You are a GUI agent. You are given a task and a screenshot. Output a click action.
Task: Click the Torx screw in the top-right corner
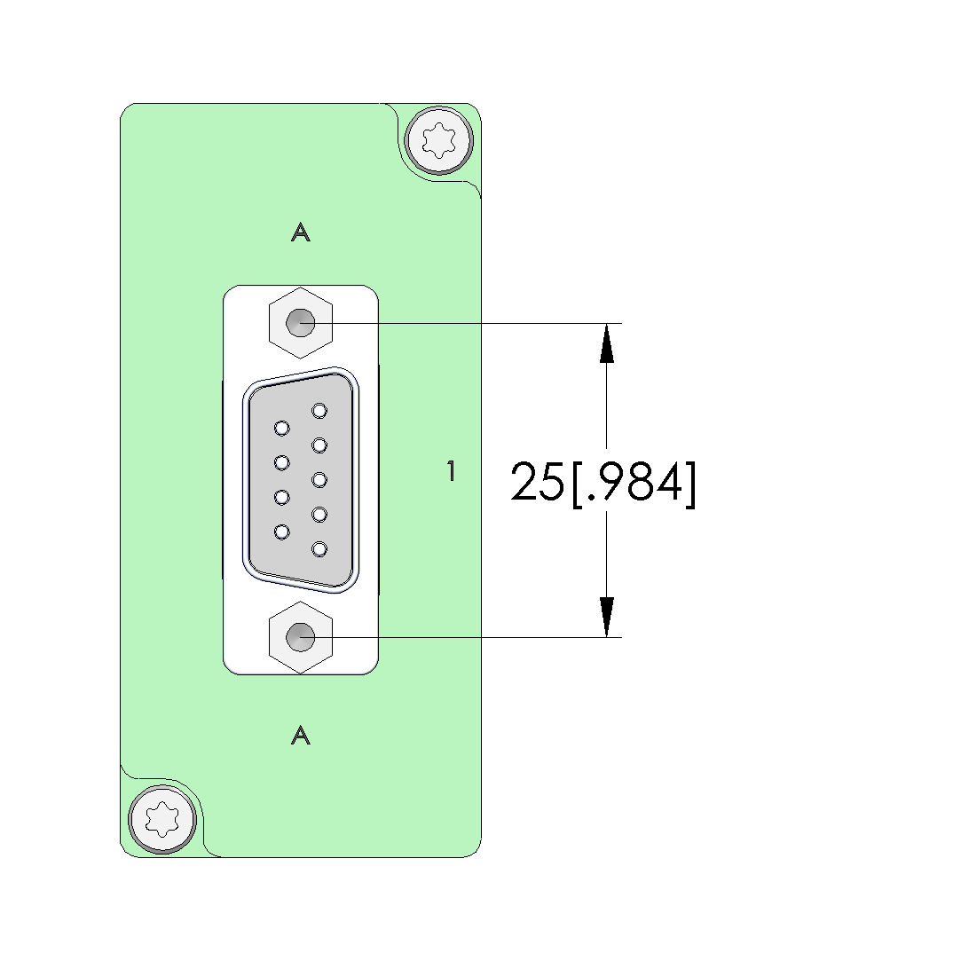(439, 140)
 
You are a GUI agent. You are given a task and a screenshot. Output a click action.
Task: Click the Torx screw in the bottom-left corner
(162, 819)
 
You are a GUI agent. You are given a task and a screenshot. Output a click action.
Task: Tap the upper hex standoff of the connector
(300, 323)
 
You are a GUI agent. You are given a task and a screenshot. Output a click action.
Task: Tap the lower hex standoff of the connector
(300, 637)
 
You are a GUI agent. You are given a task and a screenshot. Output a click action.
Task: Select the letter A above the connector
(300, 232)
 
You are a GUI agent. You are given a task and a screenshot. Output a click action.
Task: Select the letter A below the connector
(300, 736)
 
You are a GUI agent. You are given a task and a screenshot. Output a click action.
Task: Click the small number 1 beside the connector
(452, 470)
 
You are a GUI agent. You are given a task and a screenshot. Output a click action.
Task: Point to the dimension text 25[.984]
(603, 484)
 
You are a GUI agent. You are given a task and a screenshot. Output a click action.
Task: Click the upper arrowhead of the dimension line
(606, 343)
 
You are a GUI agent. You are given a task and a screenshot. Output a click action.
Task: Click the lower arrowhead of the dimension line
(606, 618)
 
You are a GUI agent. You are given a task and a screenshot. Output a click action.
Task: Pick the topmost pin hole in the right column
(319, 410)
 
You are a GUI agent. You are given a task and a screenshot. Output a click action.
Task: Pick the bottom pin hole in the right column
(319, 549)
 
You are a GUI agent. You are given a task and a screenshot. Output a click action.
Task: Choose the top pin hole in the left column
(282, 428)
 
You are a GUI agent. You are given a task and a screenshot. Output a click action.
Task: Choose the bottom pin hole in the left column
(282, 532)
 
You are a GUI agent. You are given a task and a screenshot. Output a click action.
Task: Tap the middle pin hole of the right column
(319, 479)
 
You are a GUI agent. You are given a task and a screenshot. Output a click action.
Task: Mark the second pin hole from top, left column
(282, 462)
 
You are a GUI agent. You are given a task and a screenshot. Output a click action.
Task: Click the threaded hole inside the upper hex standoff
(300, 323)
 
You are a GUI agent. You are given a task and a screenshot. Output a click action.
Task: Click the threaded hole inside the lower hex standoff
(300, 637)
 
